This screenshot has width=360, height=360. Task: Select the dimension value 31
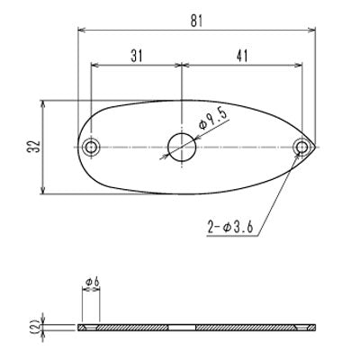tap(135, 56)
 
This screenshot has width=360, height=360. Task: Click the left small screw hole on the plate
tap(90, 146)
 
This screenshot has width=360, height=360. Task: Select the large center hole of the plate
tap(183, 146)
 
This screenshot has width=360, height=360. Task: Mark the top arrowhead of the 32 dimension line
tap(45, 103)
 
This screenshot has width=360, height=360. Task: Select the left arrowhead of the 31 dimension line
tap(94, 66)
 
